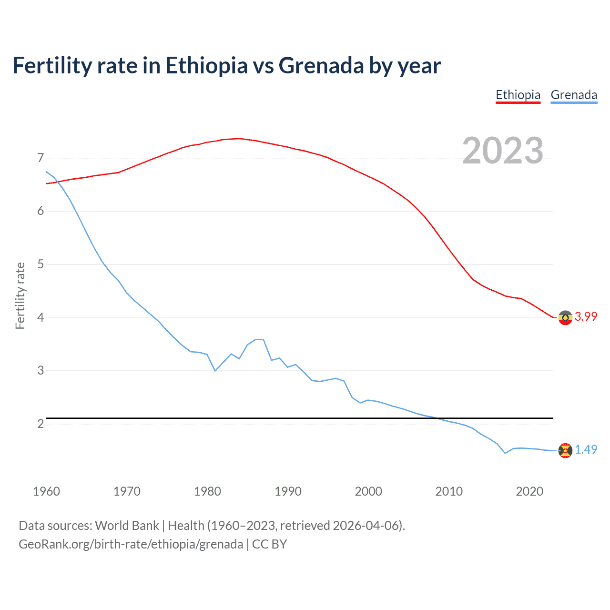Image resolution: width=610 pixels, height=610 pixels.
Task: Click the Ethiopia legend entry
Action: click(x=518, y=95)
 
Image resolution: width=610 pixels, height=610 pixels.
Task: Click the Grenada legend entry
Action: click(x=574, y=95)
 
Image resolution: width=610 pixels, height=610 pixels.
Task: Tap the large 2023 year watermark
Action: click(x=503, y=151)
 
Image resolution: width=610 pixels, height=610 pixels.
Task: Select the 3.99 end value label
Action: click(x=586, y=317)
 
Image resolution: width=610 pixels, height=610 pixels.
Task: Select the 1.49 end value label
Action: click(x=586, y=449)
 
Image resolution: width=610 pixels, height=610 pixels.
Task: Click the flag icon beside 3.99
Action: click(x=565, y=317)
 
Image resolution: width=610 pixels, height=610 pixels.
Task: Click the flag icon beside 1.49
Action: click(x=565, y=450)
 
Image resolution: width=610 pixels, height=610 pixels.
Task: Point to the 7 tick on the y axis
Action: click(x=41, y=158)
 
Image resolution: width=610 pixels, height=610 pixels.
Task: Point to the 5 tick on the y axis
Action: click(x=41, y=264)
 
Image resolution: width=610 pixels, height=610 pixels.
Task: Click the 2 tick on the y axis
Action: click(x=41, y=424)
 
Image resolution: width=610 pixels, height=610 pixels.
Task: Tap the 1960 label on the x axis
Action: click(x=46, y=491)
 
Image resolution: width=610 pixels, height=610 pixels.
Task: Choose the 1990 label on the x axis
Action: click(x=288, y=491)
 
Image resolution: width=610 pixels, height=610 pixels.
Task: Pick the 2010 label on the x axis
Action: click(x=449, y=491)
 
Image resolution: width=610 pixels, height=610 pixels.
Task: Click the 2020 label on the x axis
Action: click(x=529, y=491)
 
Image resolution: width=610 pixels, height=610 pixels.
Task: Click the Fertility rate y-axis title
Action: click(x=20, y=295)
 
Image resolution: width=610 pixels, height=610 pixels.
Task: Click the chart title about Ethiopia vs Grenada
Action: click(x=227, y=65)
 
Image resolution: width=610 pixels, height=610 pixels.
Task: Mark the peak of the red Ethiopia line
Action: click(x=239, y=138)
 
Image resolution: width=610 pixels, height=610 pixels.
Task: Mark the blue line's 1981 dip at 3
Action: click(x=215, y=370)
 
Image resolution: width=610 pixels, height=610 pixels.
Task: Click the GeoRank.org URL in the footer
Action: click(x=131, y=544)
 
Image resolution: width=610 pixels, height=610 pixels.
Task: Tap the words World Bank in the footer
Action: click(x=127, y=526)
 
